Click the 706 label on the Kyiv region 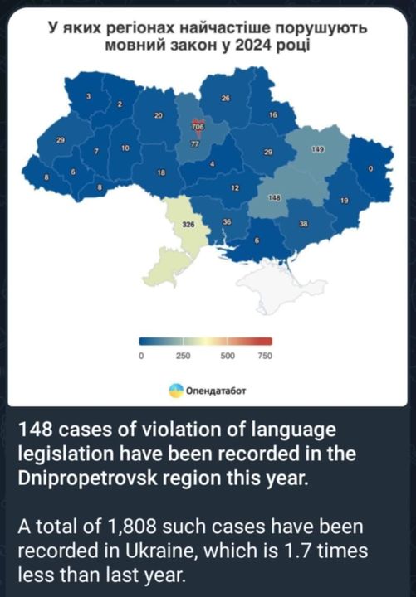click(198, 127)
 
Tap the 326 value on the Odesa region click(188, 225)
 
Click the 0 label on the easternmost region click(371, 169)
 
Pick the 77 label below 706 click(195, 143)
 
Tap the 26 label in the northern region click(225, 99)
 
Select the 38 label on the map click(303, 225)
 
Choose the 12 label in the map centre click(235, 188)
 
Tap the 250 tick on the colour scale click(184, 356)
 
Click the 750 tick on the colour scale click(265, 356)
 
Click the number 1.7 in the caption click(293, 551)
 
